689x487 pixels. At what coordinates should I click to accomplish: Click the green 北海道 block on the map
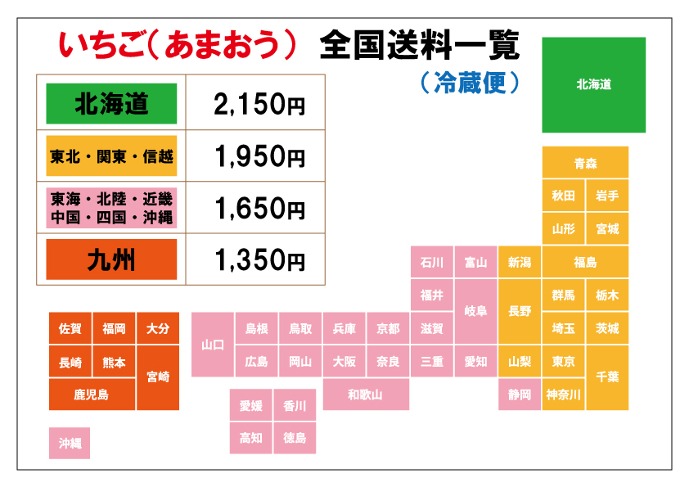pyautogui.click(x=593, y=84)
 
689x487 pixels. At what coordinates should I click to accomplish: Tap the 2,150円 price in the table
pyautogui.click(x=259, y=104)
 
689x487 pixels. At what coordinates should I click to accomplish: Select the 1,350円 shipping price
pyautogui.click(x=259, y=260)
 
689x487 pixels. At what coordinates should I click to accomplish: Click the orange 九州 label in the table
pyautogui.click(x=111, y=260)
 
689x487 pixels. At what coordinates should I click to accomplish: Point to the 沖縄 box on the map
pyautogui.click(x=70, y=443)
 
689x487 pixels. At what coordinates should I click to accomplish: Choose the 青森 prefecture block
pyautogui.click(x=585, y=163)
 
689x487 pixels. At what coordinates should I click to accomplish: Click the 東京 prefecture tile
pyautogui.click(x=563, y=361)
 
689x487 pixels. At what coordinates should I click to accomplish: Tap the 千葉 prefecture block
pyautogui.click(x=607, y=377)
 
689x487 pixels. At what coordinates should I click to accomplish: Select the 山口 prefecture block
pyautogui.click(x=213, y=345)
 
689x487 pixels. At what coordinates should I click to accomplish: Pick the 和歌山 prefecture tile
pyautogui.click(x=366, y=395)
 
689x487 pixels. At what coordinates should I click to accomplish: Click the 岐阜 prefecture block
pyautogui.click(x=475, y=311)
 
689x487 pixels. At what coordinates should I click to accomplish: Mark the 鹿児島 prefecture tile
pyautogui.click(x=91, y=395)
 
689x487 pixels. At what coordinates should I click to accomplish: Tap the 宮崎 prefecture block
pyautogui.click(x=158, y=377)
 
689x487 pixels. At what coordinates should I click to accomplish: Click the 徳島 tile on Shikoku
pyautogui.click(x=295, y=438)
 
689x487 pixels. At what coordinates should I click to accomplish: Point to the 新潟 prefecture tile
pyautogui.click(x=520, y=263)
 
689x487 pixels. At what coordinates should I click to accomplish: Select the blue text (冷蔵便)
pyautogui.click(x=469, y=82)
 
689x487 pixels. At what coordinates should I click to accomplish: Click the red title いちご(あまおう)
pyautogui.click(x=177, y=46)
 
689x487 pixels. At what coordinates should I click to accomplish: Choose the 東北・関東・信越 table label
pyautogui.click(x=111, y=156)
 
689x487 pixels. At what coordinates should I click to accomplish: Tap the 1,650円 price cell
pyautogui.click(x=259, y=209)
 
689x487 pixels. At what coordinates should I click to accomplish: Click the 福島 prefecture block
pyautogui.click(x=585, y=263)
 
